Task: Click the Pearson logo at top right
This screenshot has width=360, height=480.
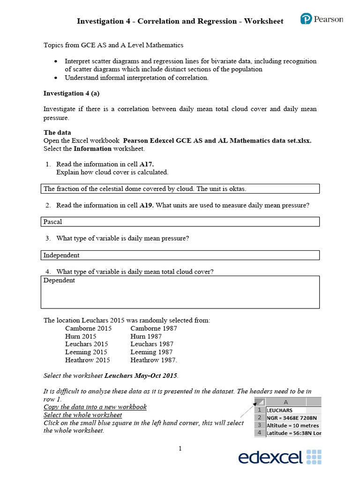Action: (322, 19)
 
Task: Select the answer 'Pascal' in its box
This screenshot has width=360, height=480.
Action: (52, 222)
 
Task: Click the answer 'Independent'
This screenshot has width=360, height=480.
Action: (61, 255)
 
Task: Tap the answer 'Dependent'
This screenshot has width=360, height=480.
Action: (59, 280)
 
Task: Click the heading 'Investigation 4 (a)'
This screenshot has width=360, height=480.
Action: (71, 93)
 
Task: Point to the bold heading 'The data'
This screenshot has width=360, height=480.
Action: (57, 133)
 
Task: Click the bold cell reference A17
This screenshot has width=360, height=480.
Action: (147, 164)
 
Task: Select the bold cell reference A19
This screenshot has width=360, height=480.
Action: (147, 205)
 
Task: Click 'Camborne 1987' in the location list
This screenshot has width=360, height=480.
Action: (154, 329)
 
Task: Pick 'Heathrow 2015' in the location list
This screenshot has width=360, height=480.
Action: (88, 360)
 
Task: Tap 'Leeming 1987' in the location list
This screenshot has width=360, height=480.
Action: (151, 352)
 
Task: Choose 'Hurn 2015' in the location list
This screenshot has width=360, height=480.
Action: (81, 337)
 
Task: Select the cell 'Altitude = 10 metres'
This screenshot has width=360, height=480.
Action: (293, 425)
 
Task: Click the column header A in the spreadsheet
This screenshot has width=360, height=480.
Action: (286, 402)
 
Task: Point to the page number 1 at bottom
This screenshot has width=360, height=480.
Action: (180, 449)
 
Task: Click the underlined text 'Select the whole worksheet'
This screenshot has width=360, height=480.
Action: (82, 415)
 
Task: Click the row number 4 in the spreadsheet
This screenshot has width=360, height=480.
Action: (259, 433)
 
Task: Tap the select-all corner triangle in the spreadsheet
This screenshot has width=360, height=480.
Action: (259, 402)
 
